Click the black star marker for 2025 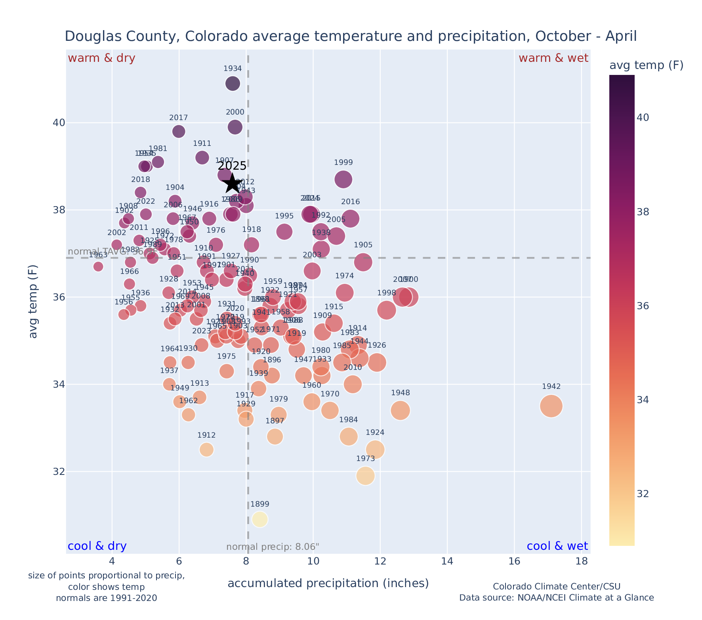point(232,184)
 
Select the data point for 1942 point(551,406)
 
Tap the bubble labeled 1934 point(233,83)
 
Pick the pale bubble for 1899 point(260,519)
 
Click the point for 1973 point(365,475)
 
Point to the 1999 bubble point(343,179)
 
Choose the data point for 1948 point(400,410)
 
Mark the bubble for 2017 point(179,131)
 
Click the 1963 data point point(98,266)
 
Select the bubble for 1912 point(206,449)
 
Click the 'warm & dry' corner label point(101,58)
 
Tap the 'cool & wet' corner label point(557,546)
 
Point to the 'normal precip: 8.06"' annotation point(273,547)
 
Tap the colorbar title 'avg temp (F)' point(646,65)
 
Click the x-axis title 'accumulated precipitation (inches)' point(328,583)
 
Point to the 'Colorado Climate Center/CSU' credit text point(556,586)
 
